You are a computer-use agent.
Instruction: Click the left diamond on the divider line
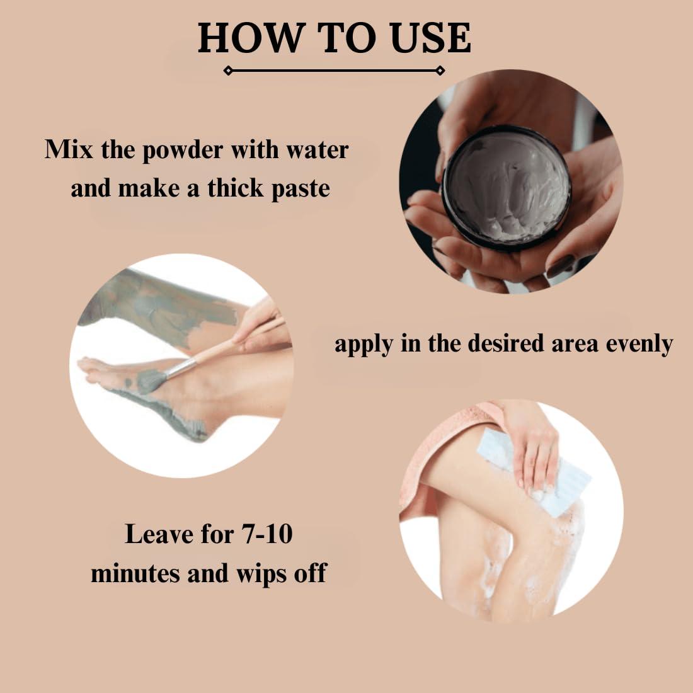228,71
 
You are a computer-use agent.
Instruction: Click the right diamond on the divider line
440,71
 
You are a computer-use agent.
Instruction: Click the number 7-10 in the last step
267,534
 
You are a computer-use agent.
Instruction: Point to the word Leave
157,534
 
